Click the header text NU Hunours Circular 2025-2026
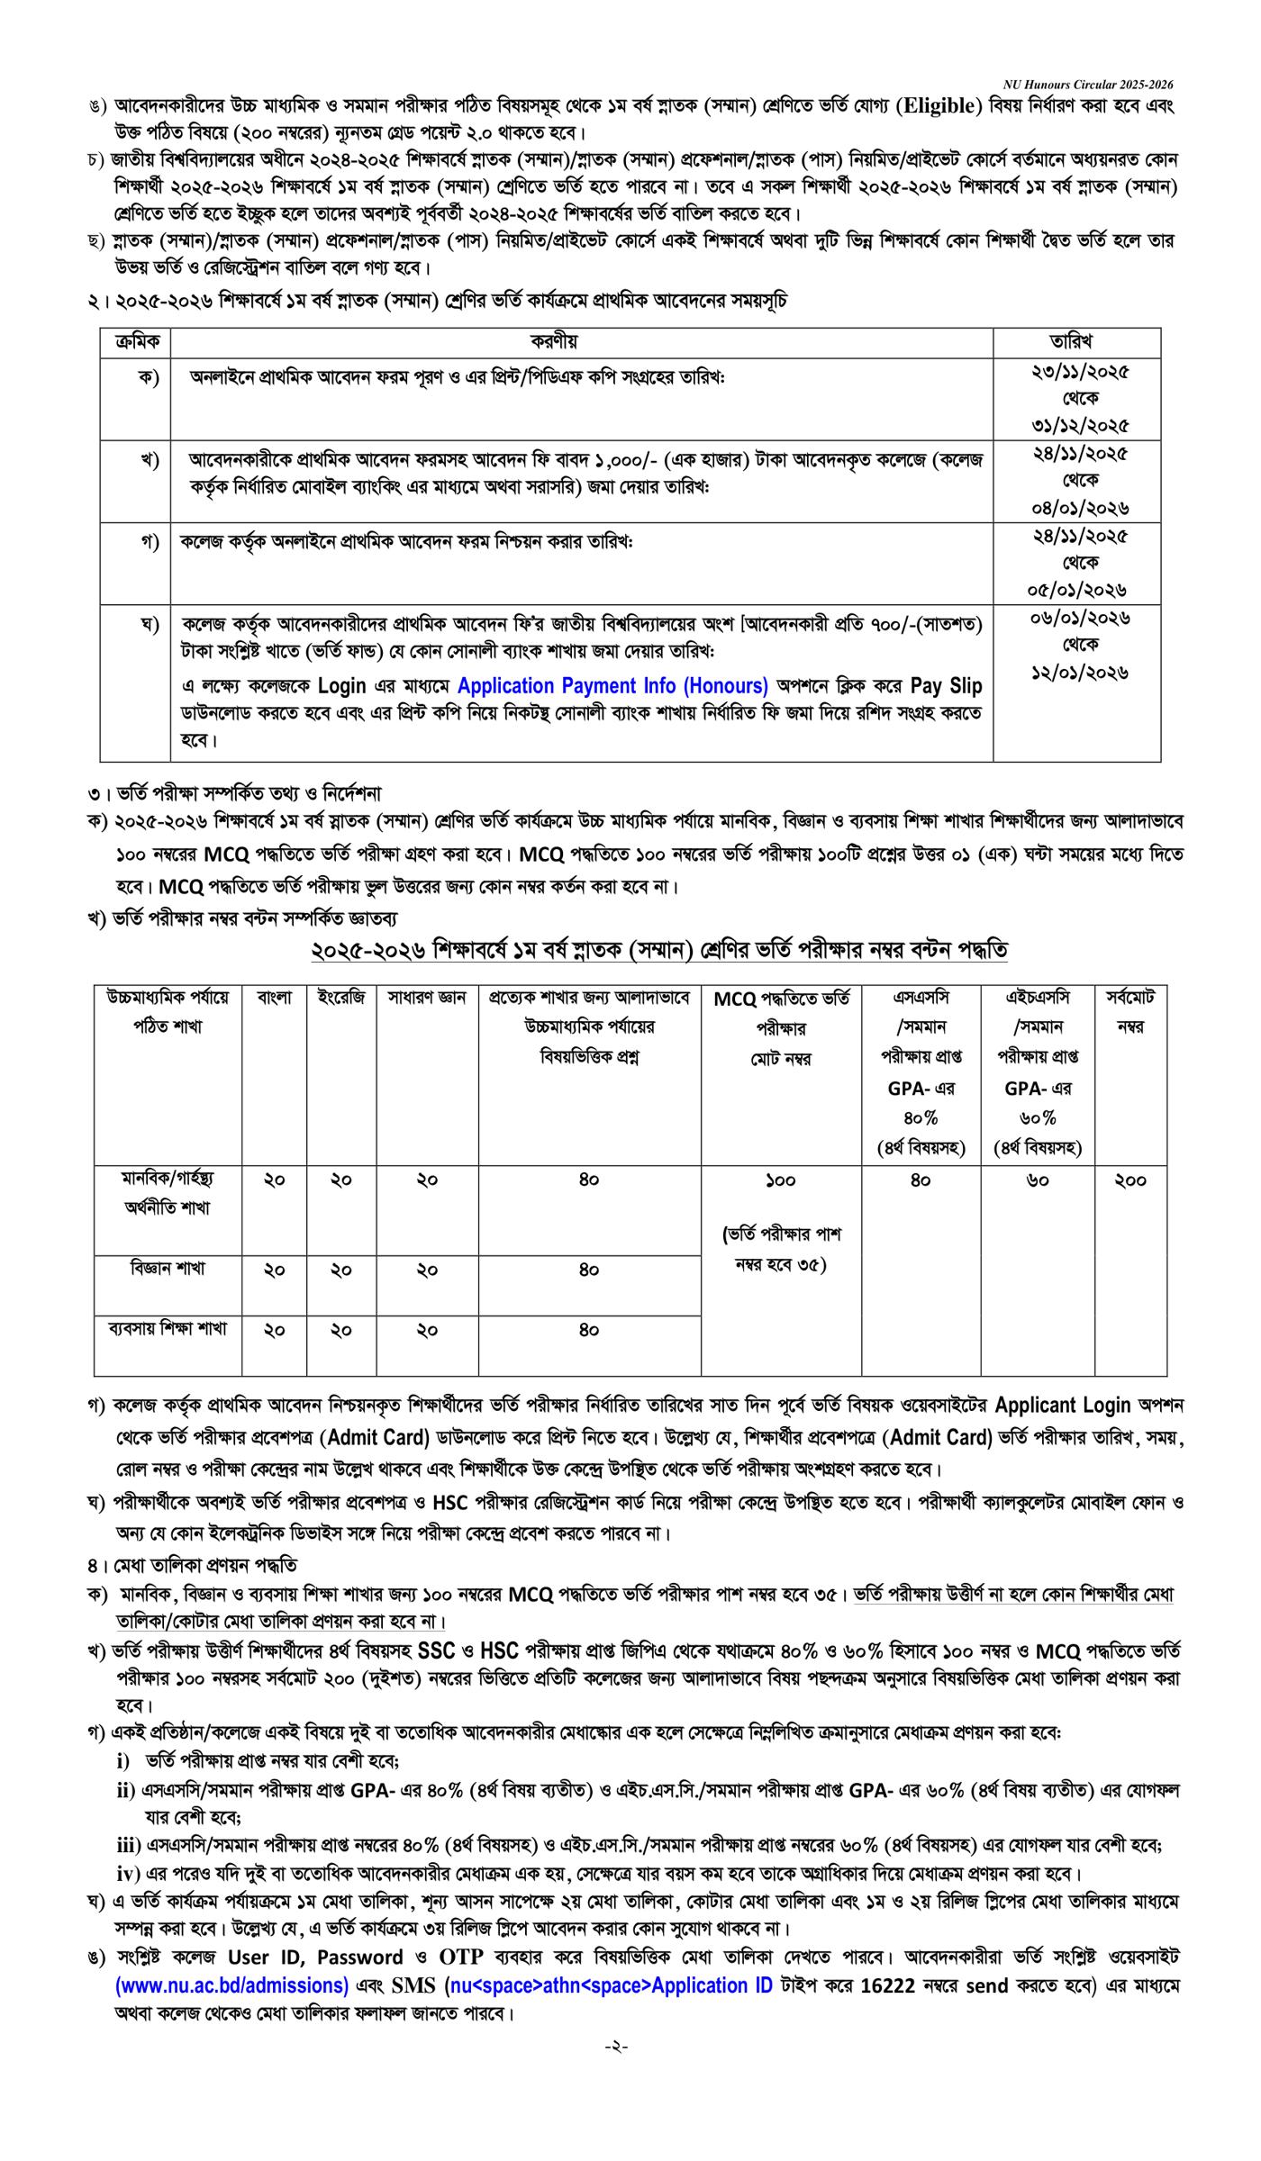point(1088,85)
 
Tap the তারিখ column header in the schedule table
point(1076,341)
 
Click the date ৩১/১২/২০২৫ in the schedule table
point(1080,424)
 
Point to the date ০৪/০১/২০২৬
point(1080,507)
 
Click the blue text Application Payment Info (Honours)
point(612,686)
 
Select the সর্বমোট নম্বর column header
point(1130,1012)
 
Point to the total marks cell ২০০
point(1130,1180)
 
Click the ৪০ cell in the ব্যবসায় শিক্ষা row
point(589,1330)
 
